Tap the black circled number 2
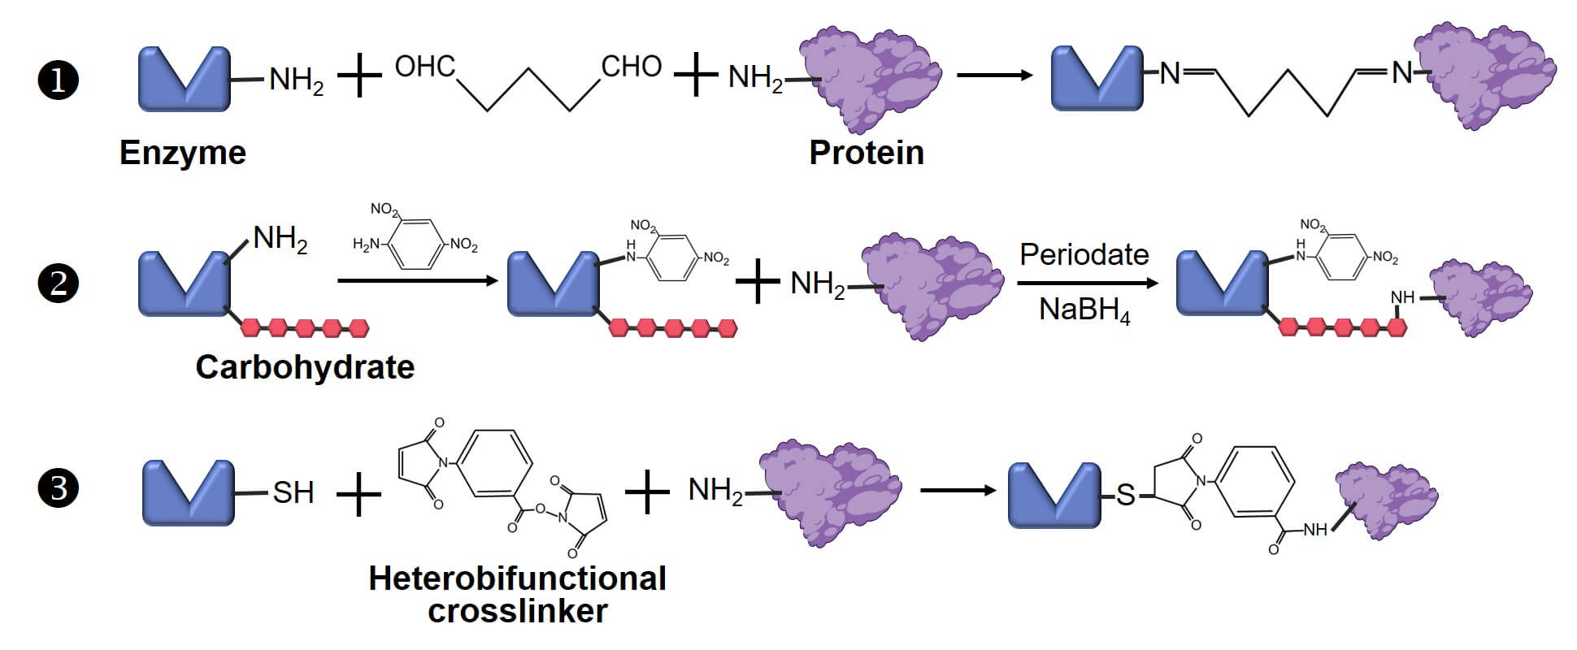[59, 284]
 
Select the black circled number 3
[59, 489]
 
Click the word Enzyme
[182, 153]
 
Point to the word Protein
[867, 153]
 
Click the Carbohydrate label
[305, 367]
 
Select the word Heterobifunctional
[517, 578]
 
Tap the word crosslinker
[517, 611]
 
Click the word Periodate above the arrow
[1084, 255]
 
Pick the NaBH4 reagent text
[1084, 310]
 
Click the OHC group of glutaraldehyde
[424, 67]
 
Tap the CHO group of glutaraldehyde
[632, 67]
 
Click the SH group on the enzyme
[293, 492]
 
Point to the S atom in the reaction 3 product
[1125, 494]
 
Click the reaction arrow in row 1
[994, 76]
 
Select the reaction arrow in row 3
[958, 490]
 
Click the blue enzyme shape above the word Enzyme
[185, 79]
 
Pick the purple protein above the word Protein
[868, 79]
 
